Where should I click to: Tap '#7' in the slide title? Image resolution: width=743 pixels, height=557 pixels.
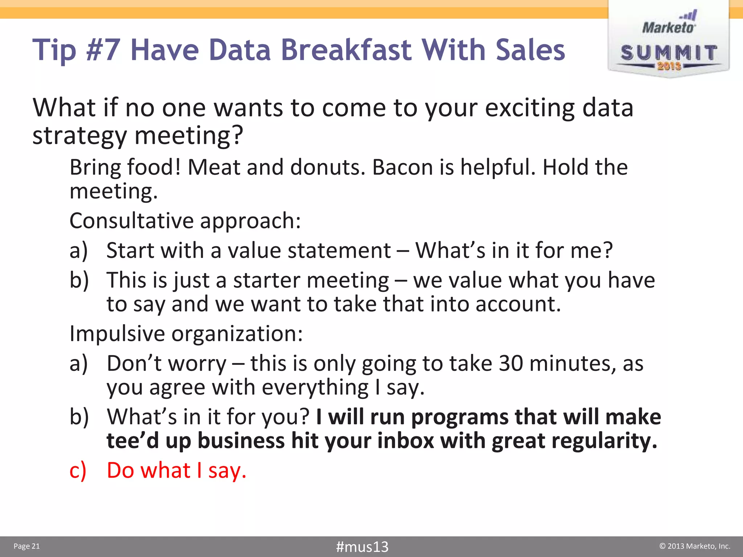103,50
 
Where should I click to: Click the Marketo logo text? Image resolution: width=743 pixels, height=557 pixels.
668,28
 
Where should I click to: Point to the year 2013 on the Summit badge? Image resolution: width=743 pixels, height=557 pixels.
669,66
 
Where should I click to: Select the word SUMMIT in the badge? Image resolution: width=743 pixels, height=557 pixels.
669,53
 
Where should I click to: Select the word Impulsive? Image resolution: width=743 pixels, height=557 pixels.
117,334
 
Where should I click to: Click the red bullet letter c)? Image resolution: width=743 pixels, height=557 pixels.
78,471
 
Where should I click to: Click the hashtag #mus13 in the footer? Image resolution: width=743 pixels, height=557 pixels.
362,546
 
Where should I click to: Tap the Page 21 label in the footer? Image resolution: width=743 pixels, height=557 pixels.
26,546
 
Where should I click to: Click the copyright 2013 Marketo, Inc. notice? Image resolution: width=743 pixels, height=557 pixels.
694,546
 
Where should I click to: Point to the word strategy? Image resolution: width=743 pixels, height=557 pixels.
79,136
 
